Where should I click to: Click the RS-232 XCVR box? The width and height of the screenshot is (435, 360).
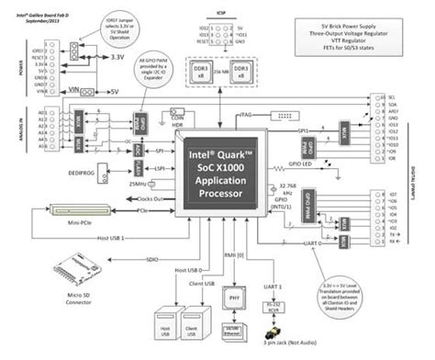pos(272,307)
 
